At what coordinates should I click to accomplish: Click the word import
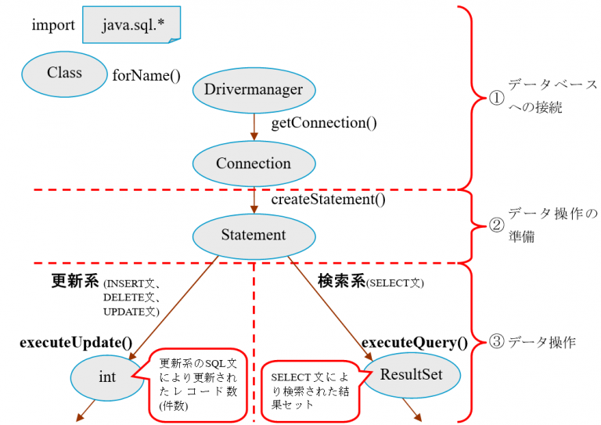point(53,25)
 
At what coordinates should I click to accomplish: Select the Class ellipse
point(64,73)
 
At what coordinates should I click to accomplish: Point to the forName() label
point(146,76)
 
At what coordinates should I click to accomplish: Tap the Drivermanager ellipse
point(254,90)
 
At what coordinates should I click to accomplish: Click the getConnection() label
point(323,123)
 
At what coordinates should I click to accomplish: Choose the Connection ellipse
point(254,164)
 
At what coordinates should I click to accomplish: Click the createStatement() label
point(328,199)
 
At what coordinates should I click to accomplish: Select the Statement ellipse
point(254,235)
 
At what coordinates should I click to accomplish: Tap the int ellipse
point(107,377)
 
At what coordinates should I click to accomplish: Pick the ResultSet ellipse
point(411,374)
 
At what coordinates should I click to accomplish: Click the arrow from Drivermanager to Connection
point(254,125)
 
